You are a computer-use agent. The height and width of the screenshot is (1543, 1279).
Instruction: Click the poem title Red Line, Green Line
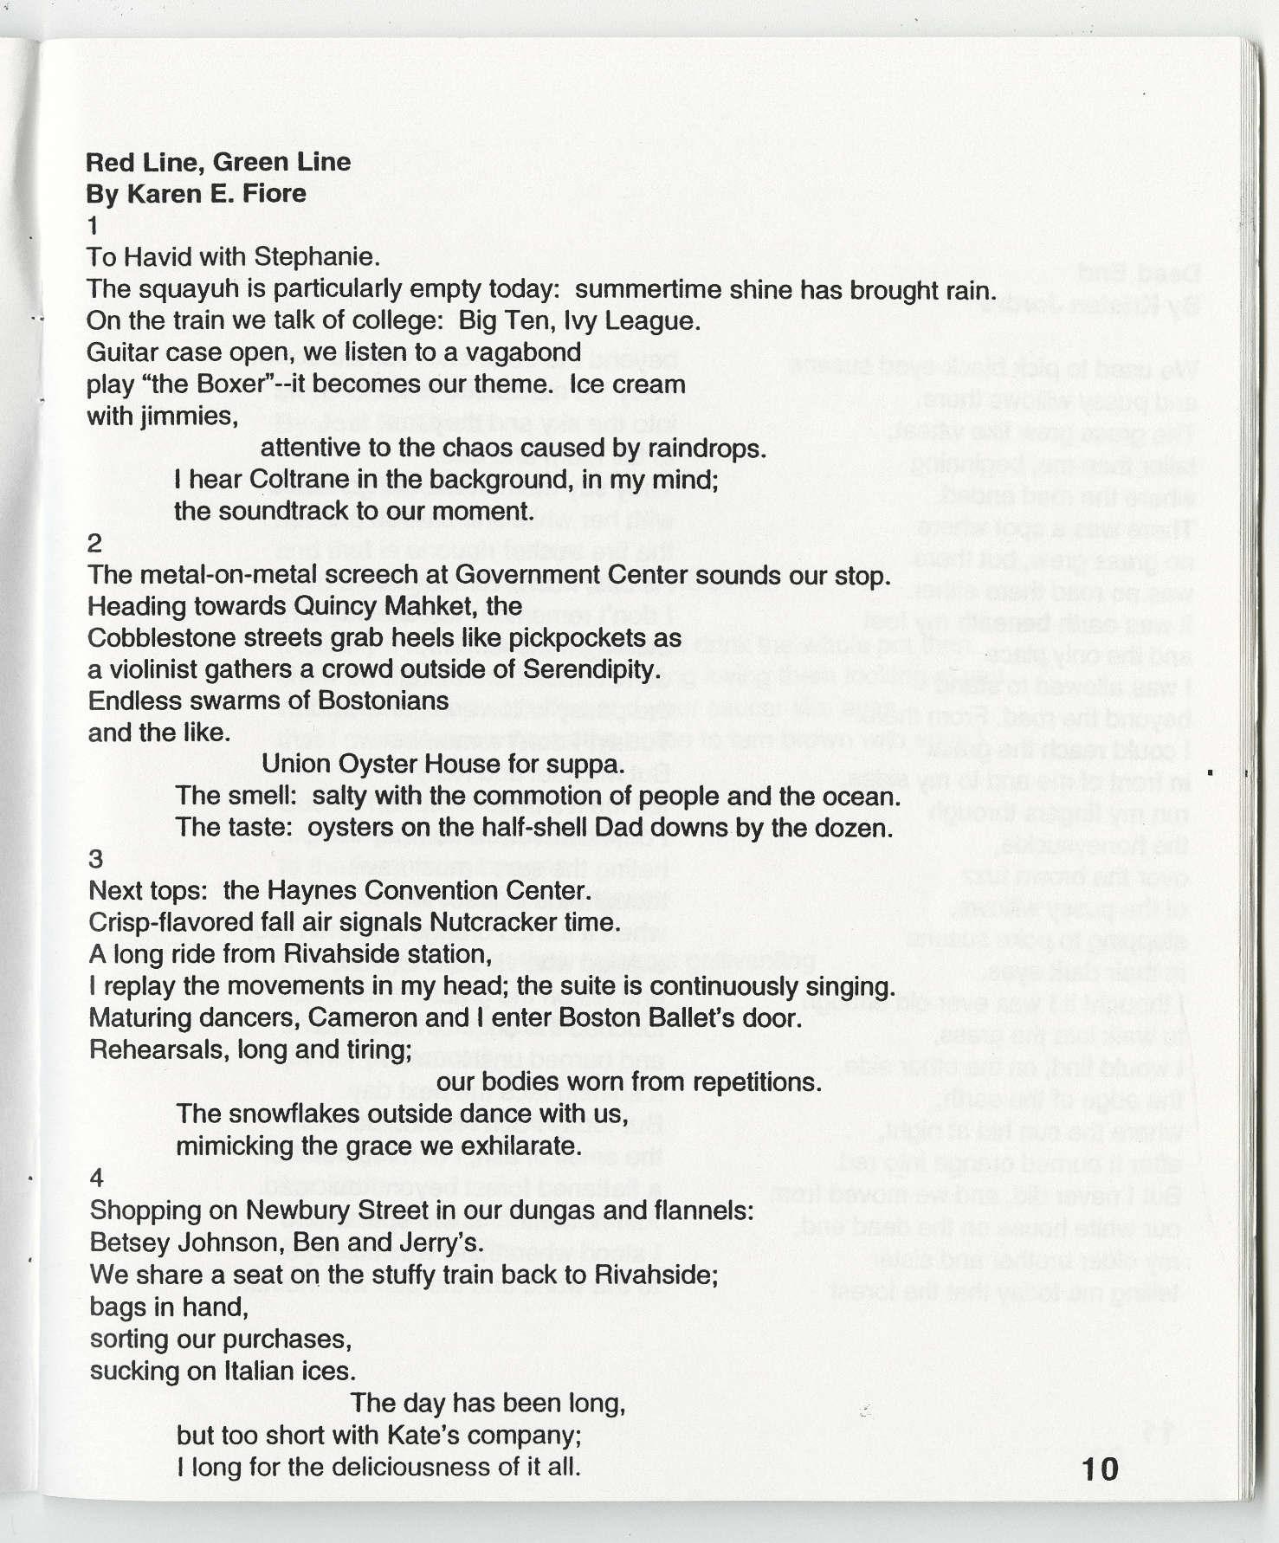(x=217, y=162)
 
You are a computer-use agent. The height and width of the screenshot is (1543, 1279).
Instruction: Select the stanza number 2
(x=94, y=543)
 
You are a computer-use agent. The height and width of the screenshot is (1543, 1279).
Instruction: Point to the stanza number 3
(x=95, y=859)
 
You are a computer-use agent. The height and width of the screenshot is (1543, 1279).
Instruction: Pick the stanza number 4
(x=96, y=1178)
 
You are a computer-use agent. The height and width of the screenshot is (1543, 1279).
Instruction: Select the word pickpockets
(x=576, y=638)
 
